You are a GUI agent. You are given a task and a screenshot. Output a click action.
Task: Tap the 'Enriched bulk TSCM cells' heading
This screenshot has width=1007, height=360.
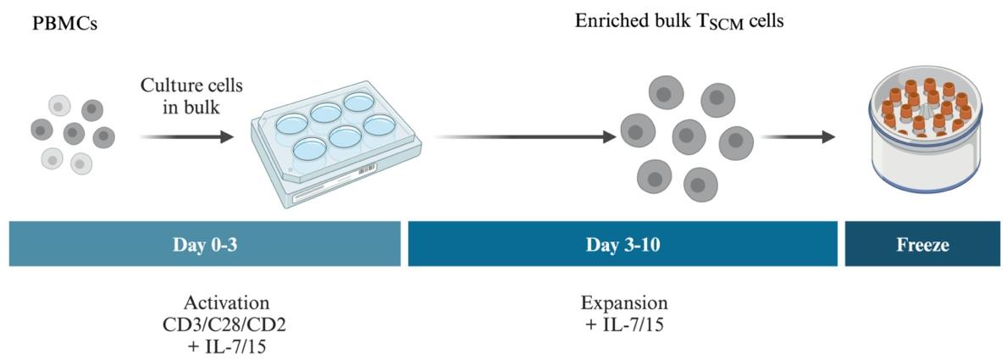click(x=679, y=22)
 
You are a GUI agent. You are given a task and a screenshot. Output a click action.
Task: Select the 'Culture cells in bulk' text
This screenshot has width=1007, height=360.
click(x=191, y=96)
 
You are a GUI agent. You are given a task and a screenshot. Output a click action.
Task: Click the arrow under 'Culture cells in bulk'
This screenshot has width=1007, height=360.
click(x=186, y=136)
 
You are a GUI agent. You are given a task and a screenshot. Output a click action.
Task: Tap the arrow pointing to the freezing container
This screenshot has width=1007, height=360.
click(x=798, y=136)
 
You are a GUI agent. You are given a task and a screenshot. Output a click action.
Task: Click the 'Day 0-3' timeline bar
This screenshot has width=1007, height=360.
click(x=205, y=244)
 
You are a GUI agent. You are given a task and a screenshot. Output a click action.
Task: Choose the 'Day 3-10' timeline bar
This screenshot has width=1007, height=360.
click(x=622, y=244)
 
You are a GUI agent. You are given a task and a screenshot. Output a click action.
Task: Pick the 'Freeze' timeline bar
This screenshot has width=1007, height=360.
click(x=922, y=244)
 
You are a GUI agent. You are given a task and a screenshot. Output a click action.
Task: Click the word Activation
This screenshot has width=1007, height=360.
click(x=226, y=302)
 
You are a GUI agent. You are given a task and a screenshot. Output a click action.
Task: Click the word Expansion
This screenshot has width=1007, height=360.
click(x=624, y=302)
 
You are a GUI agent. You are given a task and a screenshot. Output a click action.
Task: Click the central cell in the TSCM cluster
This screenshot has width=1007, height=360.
click(x=689, y=136)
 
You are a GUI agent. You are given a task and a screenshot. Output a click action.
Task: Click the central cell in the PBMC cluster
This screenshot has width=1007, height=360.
click(x=74, y=133)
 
